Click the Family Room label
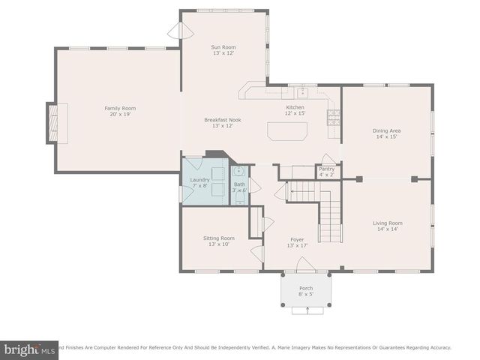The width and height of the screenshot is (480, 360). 120,108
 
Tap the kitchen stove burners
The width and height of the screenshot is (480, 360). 333,116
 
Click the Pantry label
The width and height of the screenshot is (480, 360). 326,169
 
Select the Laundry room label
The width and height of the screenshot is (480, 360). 199,180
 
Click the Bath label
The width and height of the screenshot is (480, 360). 239,184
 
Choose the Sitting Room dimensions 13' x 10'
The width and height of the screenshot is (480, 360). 219,244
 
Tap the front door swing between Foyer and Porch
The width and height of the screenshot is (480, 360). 304,265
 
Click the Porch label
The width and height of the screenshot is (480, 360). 306,288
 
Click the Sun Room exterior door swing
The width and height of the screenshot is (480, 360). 175,30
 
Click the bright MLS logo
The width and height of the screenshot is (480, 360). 29,349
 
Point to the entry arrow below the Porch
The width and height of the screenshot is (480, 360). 306,310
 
